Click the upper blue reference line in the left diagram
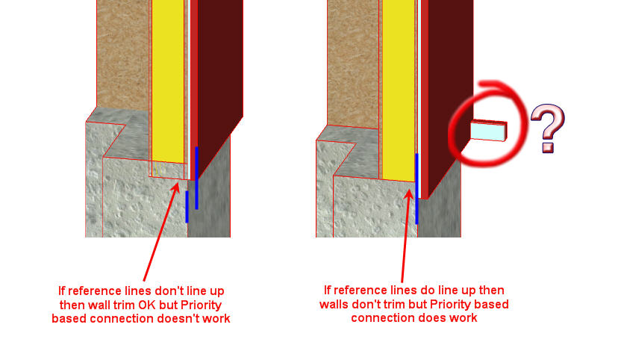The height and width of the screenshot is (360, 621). (196, 177)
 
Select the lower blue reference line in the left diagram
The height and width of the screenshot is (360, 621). (187, 206)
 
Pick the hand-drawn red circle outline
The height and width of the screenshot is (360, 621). (455, 120)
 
